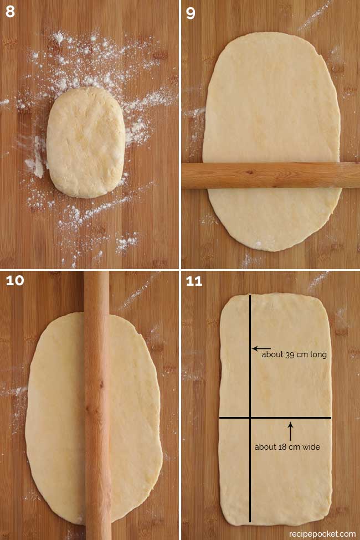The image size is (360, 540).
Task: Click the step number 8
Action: (10, 12)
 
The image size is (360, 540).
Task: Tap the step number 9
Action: (191, 13)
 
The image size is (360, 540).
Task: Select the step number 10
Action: (15, 281)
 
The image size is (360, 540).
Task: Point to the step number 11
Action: (194, 281)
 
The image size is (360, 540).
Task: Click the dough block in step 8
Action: (85, 142)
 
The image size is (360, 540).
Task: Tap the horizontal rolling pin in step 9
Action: (271, 176)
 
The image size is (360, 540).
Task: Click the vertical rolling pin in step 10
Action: (97, 405)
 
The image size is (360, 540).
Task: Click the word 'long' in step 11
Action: (318, 354)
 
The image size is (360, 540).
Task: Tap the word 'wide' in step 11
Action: (311, 447)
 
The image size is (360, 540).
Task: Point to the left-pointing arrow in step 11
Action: (261, 348)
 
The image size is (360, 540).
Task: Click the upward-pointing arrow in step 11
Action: (290, 431)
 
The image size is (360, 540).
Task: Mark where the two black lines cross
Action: (250, 418)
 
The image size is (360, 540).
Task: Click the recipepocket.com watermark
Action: (322, 534)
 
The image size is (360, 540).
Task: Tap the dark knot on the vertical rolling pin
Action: (101, 384)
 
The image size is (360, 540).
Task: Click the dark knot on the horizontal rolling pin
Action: (250, 172)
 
